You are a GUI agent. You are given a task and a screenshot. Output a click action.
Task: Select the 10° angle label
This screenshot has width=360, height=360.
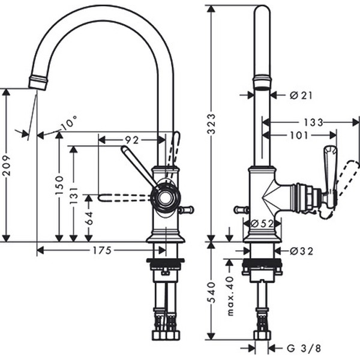click(69, 123)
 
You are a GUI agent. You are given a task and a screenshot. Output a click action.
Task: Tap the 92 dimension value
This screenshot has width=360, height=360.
click(131, 140)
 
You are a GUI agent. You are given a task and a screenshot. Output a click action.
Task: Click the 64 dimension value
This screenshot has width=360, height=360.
click(89, 218)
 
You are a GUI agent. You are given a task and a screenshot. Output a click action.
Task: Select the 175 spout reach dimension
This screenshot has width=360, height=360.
click(102, 251)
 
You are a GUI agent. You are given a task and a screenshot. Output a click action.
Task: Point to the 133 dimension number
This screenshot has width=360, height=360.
click(313, 122)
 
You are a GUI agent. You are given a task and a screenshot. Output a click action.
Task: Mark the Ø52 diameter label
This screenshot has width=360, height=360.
click(260, 223)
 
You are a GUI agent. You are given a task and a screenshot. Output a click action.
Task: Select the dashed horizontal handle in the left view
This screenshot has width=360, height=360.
click(123, 197)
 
